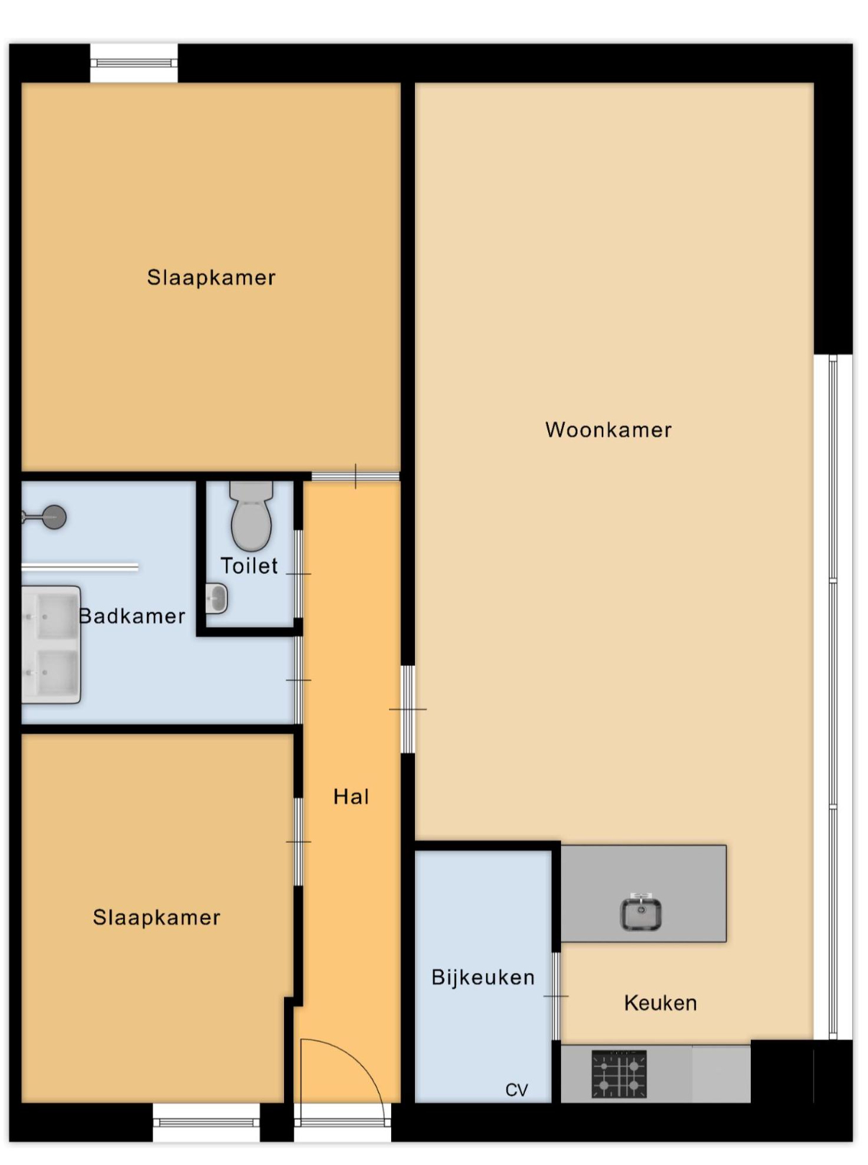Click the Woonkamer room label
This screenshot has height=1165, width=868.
pyautogui.click(x=608, y=429)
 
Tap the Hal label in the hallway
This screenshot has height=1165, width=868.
pyautogui.click(x=351, y=797)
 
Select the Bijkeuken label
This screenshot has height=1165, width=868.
pyautogui.click(x=483, y=977)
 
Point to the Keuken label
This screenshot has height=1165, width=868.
pyautogui.click(x=660, y=1003)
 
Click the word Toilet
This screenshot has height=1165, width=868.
pyautogui.click(x=249, y=566)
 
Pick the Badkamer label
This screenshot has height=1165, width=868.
pyautogui.click(x=132, y=616)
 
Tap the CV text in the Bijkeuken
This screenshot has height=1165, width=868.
pyautogui.click(x=516, y=1090)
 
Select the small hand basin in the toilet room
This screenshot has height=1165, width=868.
pyautogui.click(x=216, y=598)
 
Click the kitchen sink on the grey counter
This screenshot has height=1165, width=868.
pyautogui.click(x=641, y=913)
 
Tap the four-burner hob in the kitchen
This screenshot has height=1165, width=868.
pyautogui.click(x=619, y=1074)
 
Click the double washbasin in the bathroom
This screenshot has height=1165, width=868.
pyautogui.click(x=51, y=645)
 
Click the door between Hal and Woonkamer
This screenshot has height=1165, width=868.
pyautogui.click(x=408, y=710)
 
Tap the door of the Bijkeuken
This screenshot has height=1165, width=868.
pyautogui.click(x=556, y=996)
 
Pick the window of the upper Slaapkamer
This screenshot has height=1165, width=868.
pyautogui.click(x=134, y=63)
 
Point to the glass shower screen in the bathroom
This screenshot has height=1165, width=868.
pyautogui.click(x=80, y=567)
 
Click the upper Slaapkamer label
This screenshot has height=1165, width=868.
pyautogui.click(x=211, y=278)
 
